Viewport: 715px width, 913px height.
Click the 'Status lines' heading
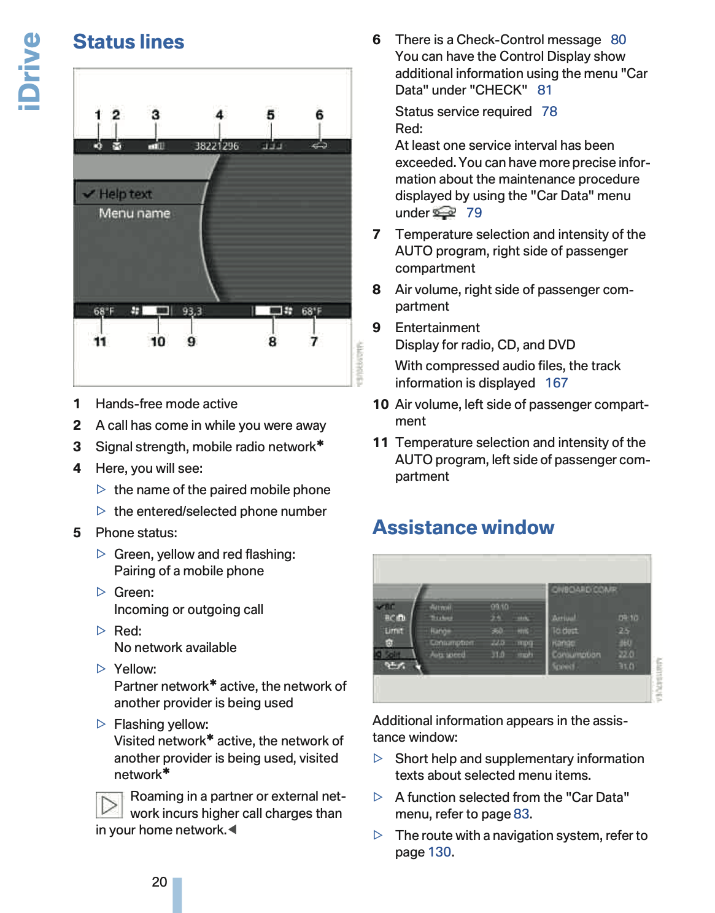click(129, 42)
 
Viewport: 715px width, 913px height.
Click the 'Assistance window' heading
click(463, 527)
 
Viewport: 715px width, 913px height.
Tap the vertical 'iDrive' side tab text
click(29, 71)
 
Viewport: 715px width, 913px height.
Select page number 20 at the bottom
click(160, 882)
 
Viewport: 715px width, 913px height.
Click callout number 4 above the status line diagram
click(219, 115)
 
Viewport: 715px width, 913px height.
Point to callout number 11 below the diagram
click(100, 341)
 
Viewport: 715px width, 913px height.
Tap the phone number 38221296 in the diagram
click(217, 146)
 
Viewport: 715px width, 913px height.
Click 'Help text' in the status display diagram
click(125, 194)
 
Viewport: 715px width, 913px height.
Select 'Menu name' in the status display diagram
click(134, 213)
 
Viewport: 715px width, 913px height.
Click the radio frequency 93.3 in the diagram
click(192, 311)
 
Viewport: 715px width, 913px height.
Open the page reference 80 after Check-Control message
click(618, 40)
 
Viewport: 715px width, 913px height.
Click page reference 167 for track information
click(556, 383)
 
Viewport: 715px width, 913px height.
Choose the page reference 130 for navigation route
click(439, 852)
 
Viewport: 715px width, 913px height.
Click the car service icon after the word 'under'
click(444, 213)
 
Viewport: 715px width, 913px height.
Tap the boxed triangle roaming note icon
click(109, 805)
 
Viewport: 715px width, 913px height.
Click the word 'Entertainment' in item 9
click(438, 328)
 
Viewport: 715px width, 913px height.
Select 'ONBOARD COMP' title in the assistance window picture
click(584, 589)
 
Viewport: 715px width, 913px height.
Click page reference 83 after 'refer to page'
click(521, 814)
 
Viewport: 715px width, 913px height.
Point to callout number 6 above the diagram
click(319, 115)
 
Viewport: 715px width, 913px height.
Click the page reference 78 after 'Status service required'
click(549, 112)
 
